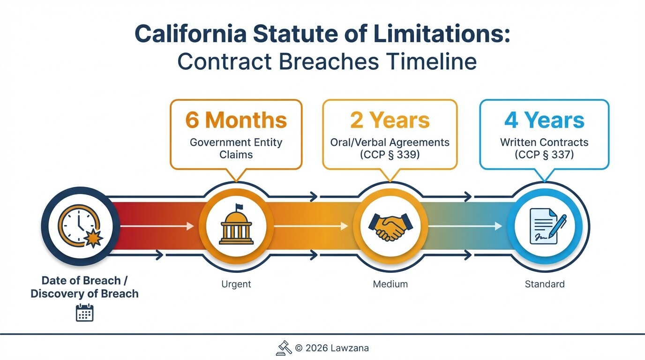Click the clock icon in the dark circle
pyautogui.click(x=78, y=227)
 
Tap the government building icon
pyautogui.click(x=236, y=226)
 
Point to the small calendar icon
pyautogui.click(x=85, y=313)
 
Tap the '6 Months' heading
pyautogui.click(x=236, y=120)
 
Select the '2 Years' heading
pyautogui.click(x=390, y=120)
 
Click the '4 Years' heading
pyautogui.click(x=544, y=120)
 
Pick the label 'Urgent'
pyautogui.click(x=236, y=284)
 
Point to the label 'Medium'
pyautogui.click(x=390, y=284)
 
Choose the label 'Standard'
pyautogui.click(x=545, y=284)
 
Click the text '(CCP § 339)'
pyautogui.click(x=390, y=154)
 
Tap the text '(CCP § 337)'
pyautogui.click(x=544, y=154)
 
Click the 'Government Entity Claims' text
pyautogui.click(x=236, y=148)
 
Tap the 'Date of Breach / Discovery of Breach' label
pyautogui.click(x=85, y=287)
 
